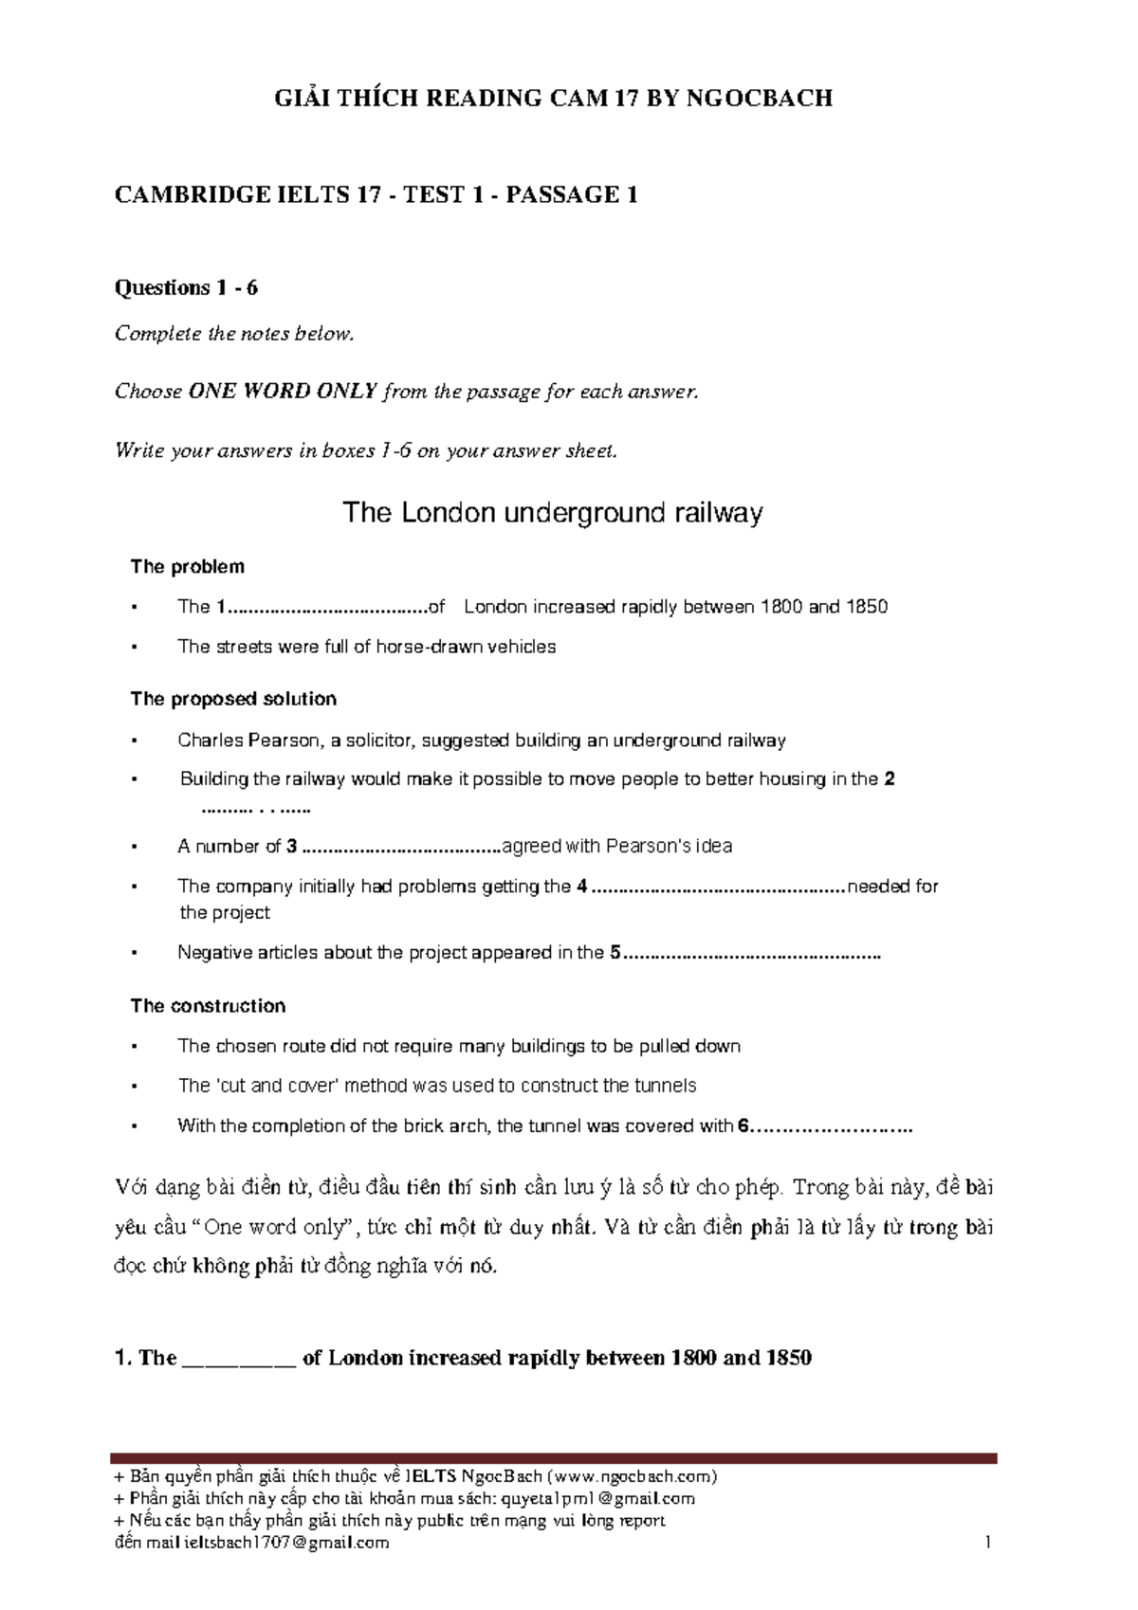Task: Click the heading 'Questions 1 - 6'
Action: point(186,287)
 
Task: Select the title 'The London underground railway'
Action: point(552,513)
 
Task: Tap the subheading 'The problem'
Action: point(187,567)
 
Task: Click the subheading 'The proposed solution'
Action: point(233,699)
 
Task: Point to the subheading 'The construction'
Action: point(208,1006)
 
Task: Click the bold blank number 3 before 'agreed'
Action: point(292,846)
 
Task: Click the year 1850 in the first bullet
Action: point(867,607)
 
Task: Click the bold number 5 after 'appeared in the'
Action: point(615,953)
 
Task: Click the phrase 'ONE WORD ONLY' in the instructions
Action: point(284,392)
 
